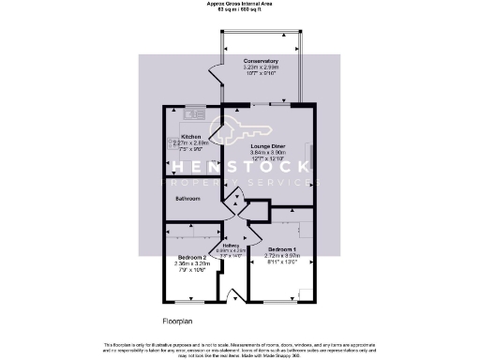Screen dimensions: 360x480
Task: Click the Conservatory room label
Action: (261, 60)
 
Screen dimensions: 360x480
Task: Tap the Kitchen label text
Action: (179, 136)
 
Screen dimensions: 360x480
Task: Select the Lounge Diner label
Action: (268, 146)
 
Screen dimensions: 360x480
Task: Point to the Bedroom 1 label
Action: (281, 248)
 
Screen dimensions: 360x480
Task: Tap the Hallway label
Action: (231, 246)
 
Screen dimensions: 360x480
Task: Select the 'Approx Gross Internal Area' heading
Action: (241, 4)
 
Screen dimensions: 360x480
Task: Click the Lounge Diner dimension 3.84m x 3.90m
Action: (268, 153)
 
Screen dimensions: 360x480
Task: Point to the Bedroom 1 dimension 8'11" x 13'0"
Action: (281, 262)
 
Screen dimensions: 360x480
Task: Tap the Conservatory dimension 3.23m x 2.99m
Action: (261, 67)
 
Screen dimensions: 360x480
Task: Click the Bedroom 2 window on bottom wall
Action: (192, 301)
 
